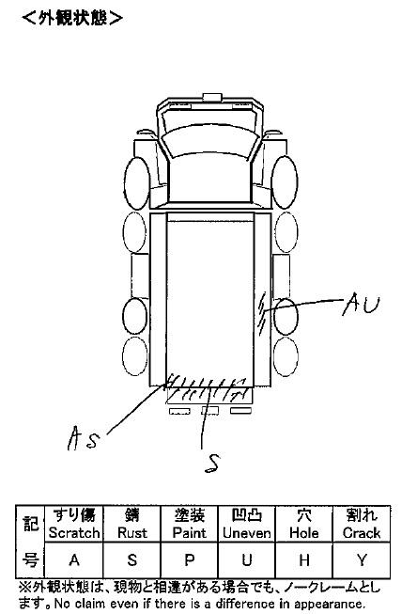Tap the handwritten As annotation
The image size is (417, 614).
tap(83, 437)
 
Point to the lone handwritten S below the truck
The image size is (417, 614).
tap(212, 464)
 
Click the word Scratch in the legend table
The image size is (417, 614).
tap(74, 533)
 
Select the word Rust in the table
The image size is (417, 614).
tap(131, 533)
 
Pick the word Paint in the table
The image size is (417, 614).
tap(190, 533)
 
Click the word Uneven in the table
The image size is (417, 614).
tap(246, 533)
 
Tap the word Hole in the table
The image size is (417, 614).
tap(304, 533)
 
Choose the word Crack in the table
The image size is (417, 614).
tap(362, 533)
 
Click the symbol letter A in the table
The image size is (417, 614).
tap(74, 560)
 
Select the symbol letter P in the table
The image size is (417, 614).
tap(190, 560)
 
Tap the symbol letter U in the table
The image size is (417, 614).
tap(246, 560)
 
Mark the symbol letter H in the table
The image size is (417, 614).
tap(304, 560)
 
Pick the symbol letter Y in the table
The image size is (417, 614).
tap(362, 560)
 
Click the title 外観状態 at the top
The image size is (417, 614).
tap(72, 18)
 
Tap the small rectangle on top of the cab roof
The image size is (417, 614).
tap(212, 97)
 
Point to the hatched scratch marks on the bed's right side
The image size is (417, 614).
tap(263, 313)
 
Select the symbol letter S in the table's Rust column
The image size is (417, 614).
tap(131, 560)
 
